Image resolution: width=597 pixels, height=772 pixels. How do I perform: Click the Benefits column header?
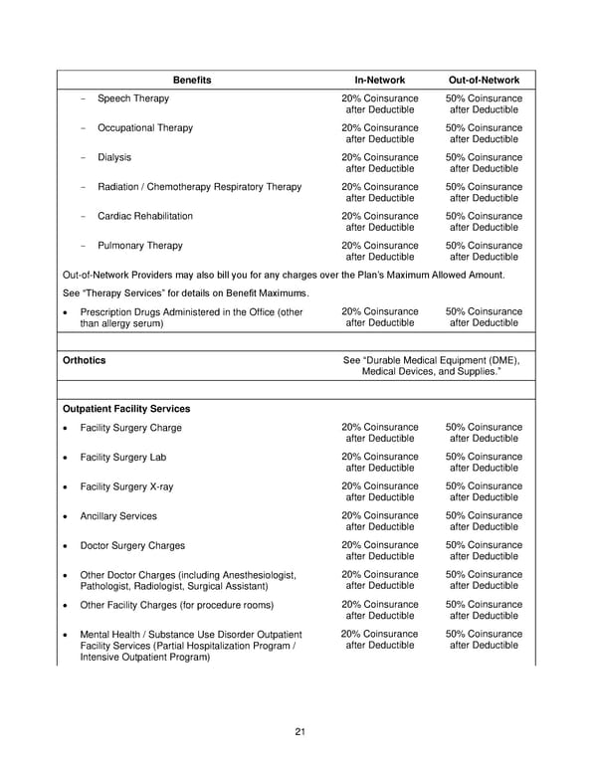click(x=192, y=79)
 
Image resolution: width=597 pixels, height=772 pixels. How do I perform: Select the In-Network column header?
click(x=380, y=79)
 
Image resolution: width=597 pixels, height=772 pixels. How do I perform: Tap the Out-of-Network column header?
click(x=485, y=79)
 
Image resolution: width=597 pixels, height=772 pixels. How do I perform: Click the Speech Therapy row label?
click(x=132, y=98)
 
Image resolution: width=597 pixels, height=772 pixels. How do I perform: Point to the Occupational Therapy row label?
click(x=145, y=127)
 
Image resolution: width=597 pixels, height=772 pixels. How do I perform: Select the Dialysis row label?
click(x=114, y=157)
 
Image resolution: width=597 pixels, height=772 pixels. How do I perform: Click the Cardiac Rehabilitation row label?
click(x=145, y=216)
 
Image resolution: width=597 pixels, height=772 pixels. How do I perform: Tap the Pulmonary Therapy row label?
click(x=139, y=245)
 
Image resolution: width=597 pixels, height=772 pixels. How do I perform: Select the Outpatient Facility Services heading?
click(x=126, y=408)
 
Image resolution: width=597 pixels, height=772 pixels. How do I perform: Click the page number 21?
click(x=299, y=733)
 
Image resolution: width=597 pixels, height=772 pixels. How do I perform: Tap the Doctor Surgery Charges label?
click(x=132, y=545)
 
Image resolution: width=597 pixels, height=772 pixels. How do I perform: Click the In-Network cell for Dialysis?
click(x=380, y=163)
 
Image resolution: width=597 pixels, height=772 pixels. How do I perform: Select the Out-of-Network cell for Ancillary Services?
click(x=485, y=522)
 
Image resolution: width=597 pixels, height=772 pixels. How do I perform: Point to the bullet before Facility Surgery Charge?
click(x=66, y=429)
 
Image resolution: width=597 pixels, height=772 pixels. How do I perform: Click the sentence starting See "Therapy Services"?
click(x=186, y=292)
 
